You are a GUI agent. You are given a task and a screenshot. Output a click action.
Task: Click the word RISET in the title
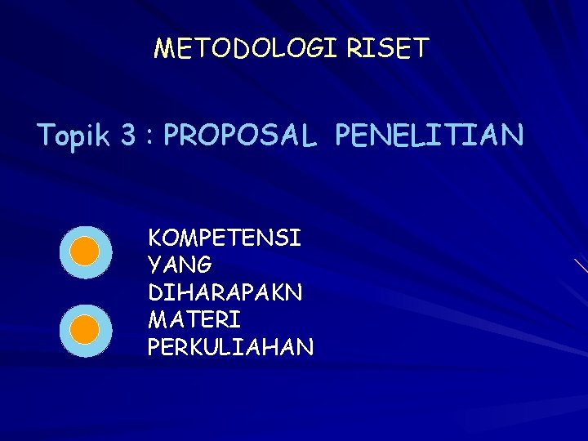click(387, 49)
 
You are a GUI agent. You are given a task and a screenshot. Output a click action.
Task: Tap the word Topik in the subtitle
click(73, 136)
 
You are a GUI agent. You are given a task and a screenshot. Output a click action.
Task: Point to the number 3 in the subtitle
click(128, 136)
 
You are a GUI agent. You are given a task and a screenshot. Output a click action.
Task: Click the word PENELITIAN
click(429, 136)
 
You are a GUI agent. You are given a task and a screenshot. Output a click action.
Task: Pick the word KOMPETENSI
click(225, 238)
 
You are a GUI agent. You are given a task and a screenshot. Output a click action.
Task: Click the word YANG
click(180, 265)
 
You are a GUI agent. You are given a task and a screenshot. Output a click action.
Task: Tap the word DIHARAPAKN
click(225, 292)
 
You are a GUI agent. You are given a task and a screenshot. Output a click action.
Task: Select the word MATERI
click(194, 319)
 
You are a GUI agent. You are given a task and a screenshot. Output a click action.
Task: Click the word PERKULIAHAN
click(230, 347)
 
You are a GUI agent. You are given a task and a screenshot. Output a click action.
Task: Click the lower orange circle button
click(85, 331)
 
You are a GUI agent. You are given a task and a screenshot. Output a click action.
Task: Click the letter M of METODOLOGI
click(163, 49)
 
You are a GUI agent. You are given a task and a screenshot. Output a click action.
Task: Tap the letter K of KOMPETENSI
click(154, 238)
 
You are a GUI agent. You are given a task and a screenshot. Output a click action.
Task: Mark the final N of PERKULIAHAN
click(305, 347)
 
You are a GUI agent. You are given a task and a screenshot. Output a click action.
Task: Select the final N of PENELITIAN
click(513, 136)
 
